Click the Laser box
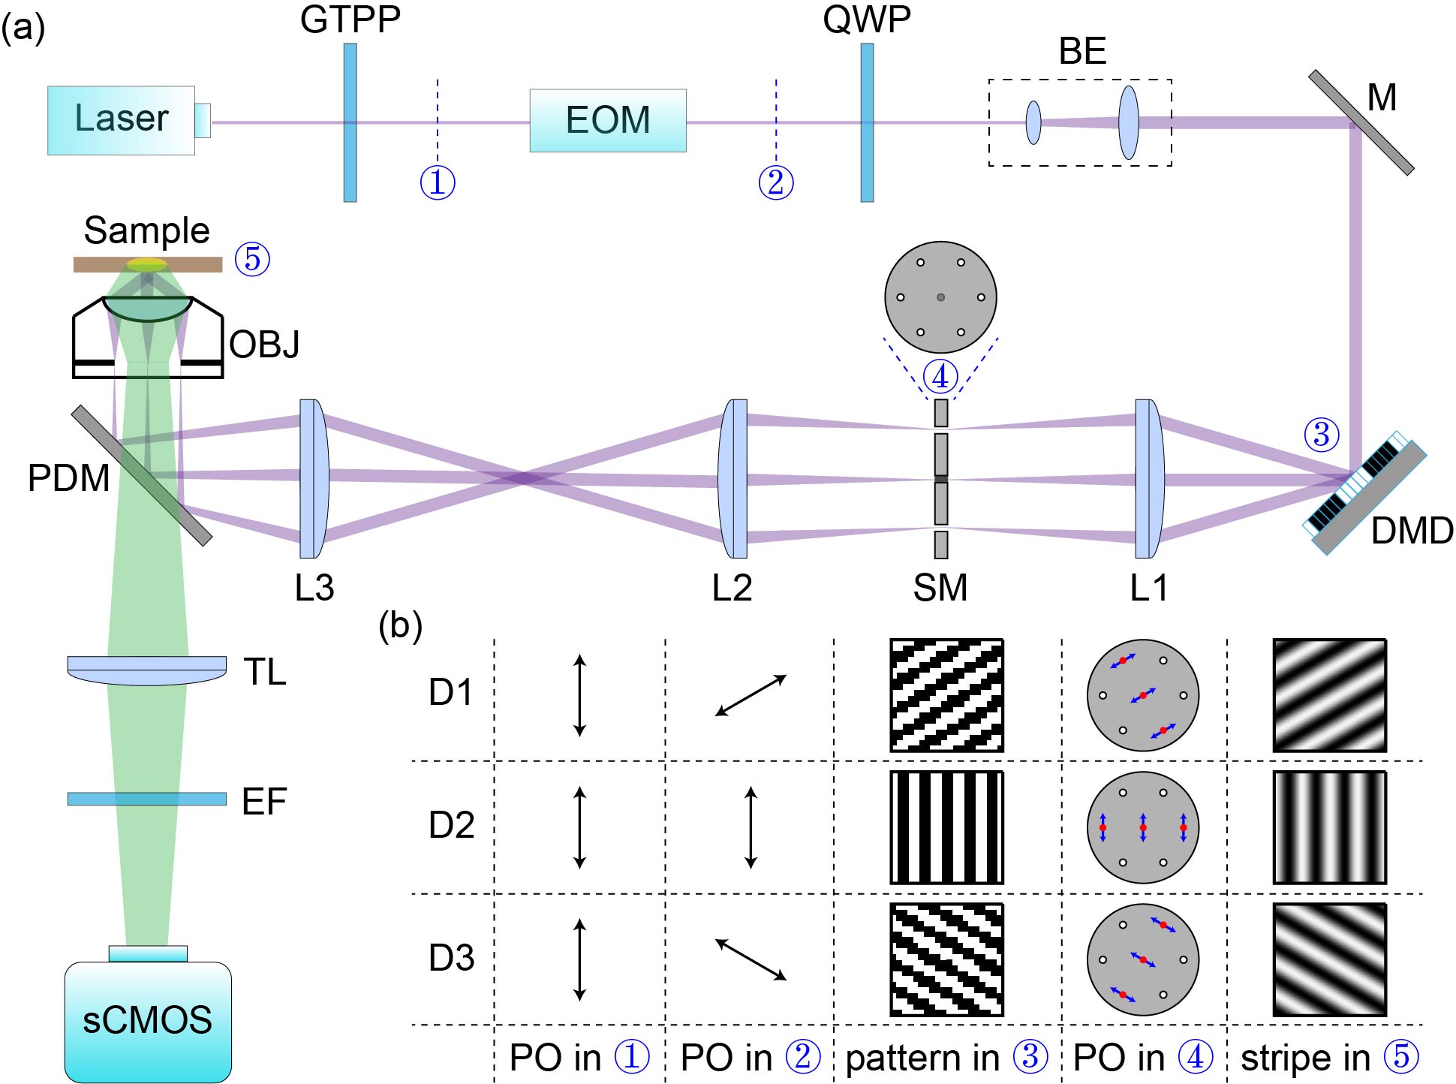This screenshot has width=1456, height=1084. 122,120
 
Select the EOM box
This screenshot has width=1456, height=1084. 608,121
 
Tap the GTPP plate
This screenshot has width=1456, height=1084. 350,122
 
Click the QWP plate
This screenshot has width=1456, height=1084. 867,122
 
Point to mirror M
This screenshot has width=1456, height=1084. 1361,122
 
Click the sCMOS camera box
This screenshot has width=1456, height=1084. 148,1021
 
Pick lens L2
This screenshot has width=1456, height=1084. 733,478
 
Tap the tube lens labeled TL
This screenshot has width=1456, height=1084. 147,670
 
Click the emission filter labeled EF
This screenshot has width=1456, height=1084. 147,799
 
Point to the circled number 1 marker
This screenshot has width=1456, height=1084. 438,182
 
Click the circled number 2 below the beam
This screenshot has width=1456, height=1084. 776,182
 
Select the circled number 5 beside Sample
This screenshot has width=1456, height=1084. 252,259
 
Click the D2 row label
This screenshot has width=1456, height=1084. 451,825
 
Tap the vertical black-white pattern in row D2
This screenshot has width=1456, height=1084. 946,827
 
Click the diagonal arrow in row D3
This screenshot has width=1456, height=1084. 751,959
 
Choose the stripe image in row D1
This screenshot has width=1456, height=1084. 1329,695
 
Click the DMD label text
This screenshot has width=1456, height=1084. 1412,531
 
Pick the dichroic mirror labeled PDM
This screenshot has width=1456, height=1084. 142,475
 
